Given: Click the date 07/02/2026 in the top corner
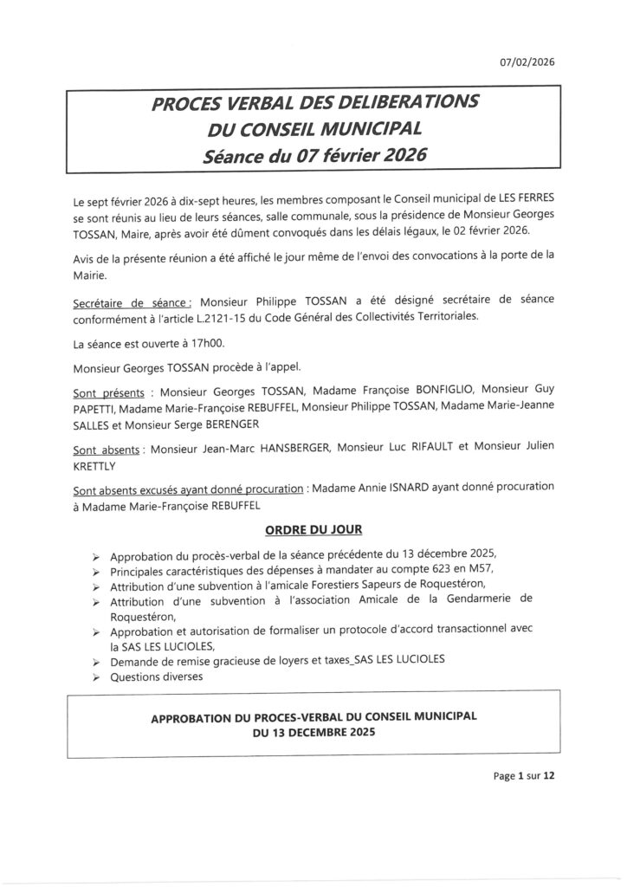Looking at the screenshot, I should [527, 62].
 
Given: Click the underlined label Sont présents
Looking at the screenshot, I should [108, 391].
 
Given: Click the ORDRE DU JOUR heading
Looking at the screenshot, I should [314, 528].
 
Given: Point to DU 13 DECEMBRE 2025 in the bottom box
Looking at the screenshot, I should [314, 732].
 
